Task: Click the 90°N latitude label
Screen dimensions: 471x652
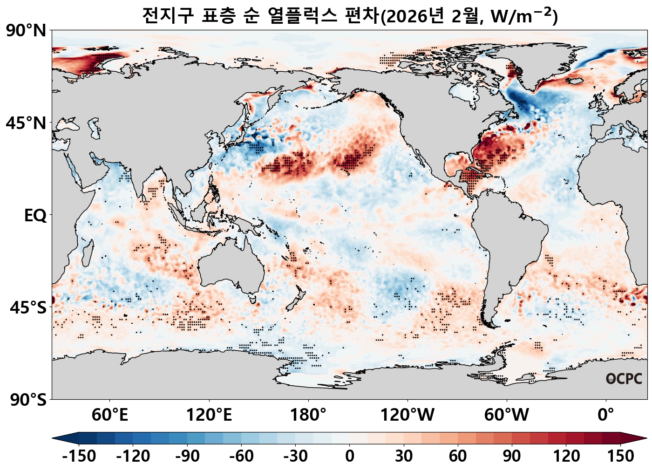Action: (26, 31)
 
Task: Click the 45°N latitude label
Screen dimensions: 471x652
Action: (26, 123)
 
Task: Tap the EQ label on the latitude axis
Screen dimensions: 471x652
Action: (35, 216)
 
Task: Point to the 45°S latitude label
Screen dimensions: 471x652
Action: (28, 308)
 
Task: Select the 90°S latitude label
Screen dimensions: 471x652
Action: (28, 400)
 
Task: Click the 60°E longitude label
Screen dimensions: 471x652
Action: (110, 415)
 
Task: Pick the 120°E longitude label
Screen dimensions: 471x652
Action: (209, 415)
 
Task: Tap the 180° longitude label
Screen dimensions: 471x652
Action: (308, 415)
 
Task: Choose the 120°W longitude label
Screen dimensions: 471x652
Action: (407, 415)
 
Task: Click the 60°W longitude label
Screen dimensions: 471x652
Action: (507, 415)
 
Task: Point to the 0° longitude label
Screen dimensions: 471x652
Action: (606, 415)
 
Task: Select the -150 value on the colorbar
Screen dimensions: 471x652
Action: (79, 456)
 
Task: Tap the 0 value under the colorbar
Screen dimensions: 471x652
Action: (349, 456)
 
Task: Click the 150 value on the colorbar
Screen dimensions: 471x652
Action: (620, 456)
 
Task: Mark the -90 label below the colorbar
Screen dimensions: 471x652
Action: (187, 456)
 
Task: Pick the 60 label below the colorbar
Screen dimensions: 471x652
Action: (458, 456)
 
